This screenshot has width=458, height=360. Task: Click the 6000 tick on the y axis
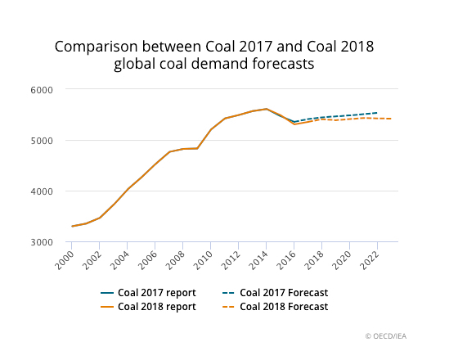(x=42, y=89)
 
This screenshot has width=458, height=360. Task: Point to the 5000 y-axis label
(x=42, y=140)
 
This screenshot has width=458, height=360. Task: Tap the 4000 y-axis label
(x=42, y=191)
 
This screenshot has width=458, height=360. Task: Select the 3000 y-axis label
(x=42, y=242)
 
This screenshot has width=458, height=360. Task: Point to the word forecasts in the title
(x=285, y=63)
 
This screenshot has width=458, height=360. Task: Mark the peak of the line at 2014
(x=267, y=109)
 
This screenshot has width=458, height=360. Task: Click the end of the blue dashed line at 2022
(x=377, y=113)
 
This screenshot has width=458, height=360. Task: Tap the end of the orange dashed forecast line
(x=391, y=119)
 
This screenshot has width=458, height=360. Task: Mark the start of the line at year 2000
(x=72, y=227)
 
